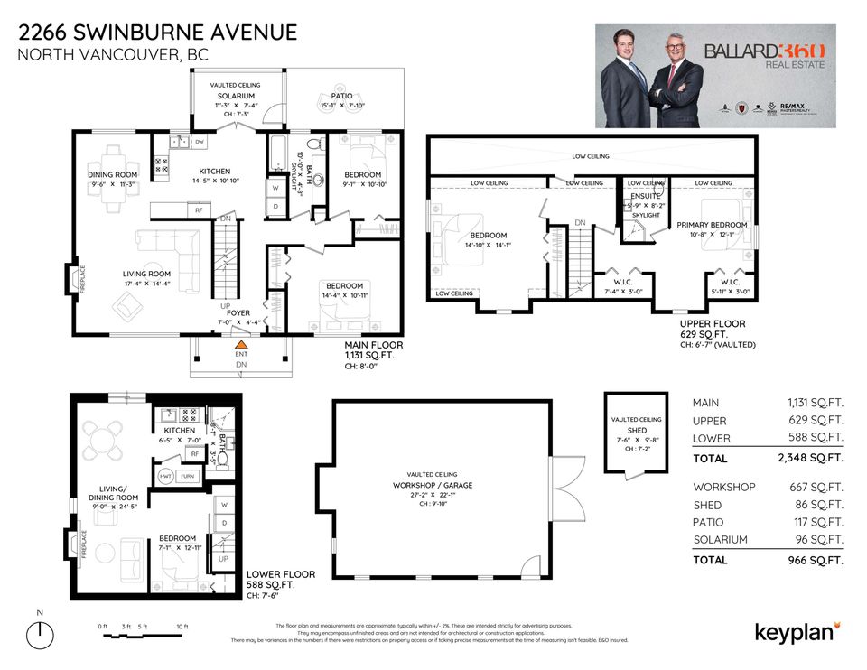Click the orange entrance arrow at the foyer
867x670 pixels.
[240, 344]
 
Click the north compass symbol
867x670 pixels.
[39, 635]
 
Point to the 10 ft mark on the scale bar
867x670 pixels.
[182, 626]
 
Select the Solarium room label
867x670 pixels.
[235, 96]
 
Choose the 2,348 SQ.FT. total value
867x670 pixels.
[815, 458]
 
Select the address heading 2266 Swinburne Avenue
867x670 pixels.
[157, 33]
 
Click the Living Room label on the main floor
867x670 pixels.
[146, 274]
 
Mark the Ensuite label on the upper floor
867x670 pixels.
[645, 196]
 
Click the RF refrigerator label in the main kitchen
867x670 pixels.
[197, 209]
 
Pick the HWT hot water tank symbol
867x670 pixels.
[165, 475]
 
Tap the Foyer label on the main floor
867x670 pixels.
[238, 313]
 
